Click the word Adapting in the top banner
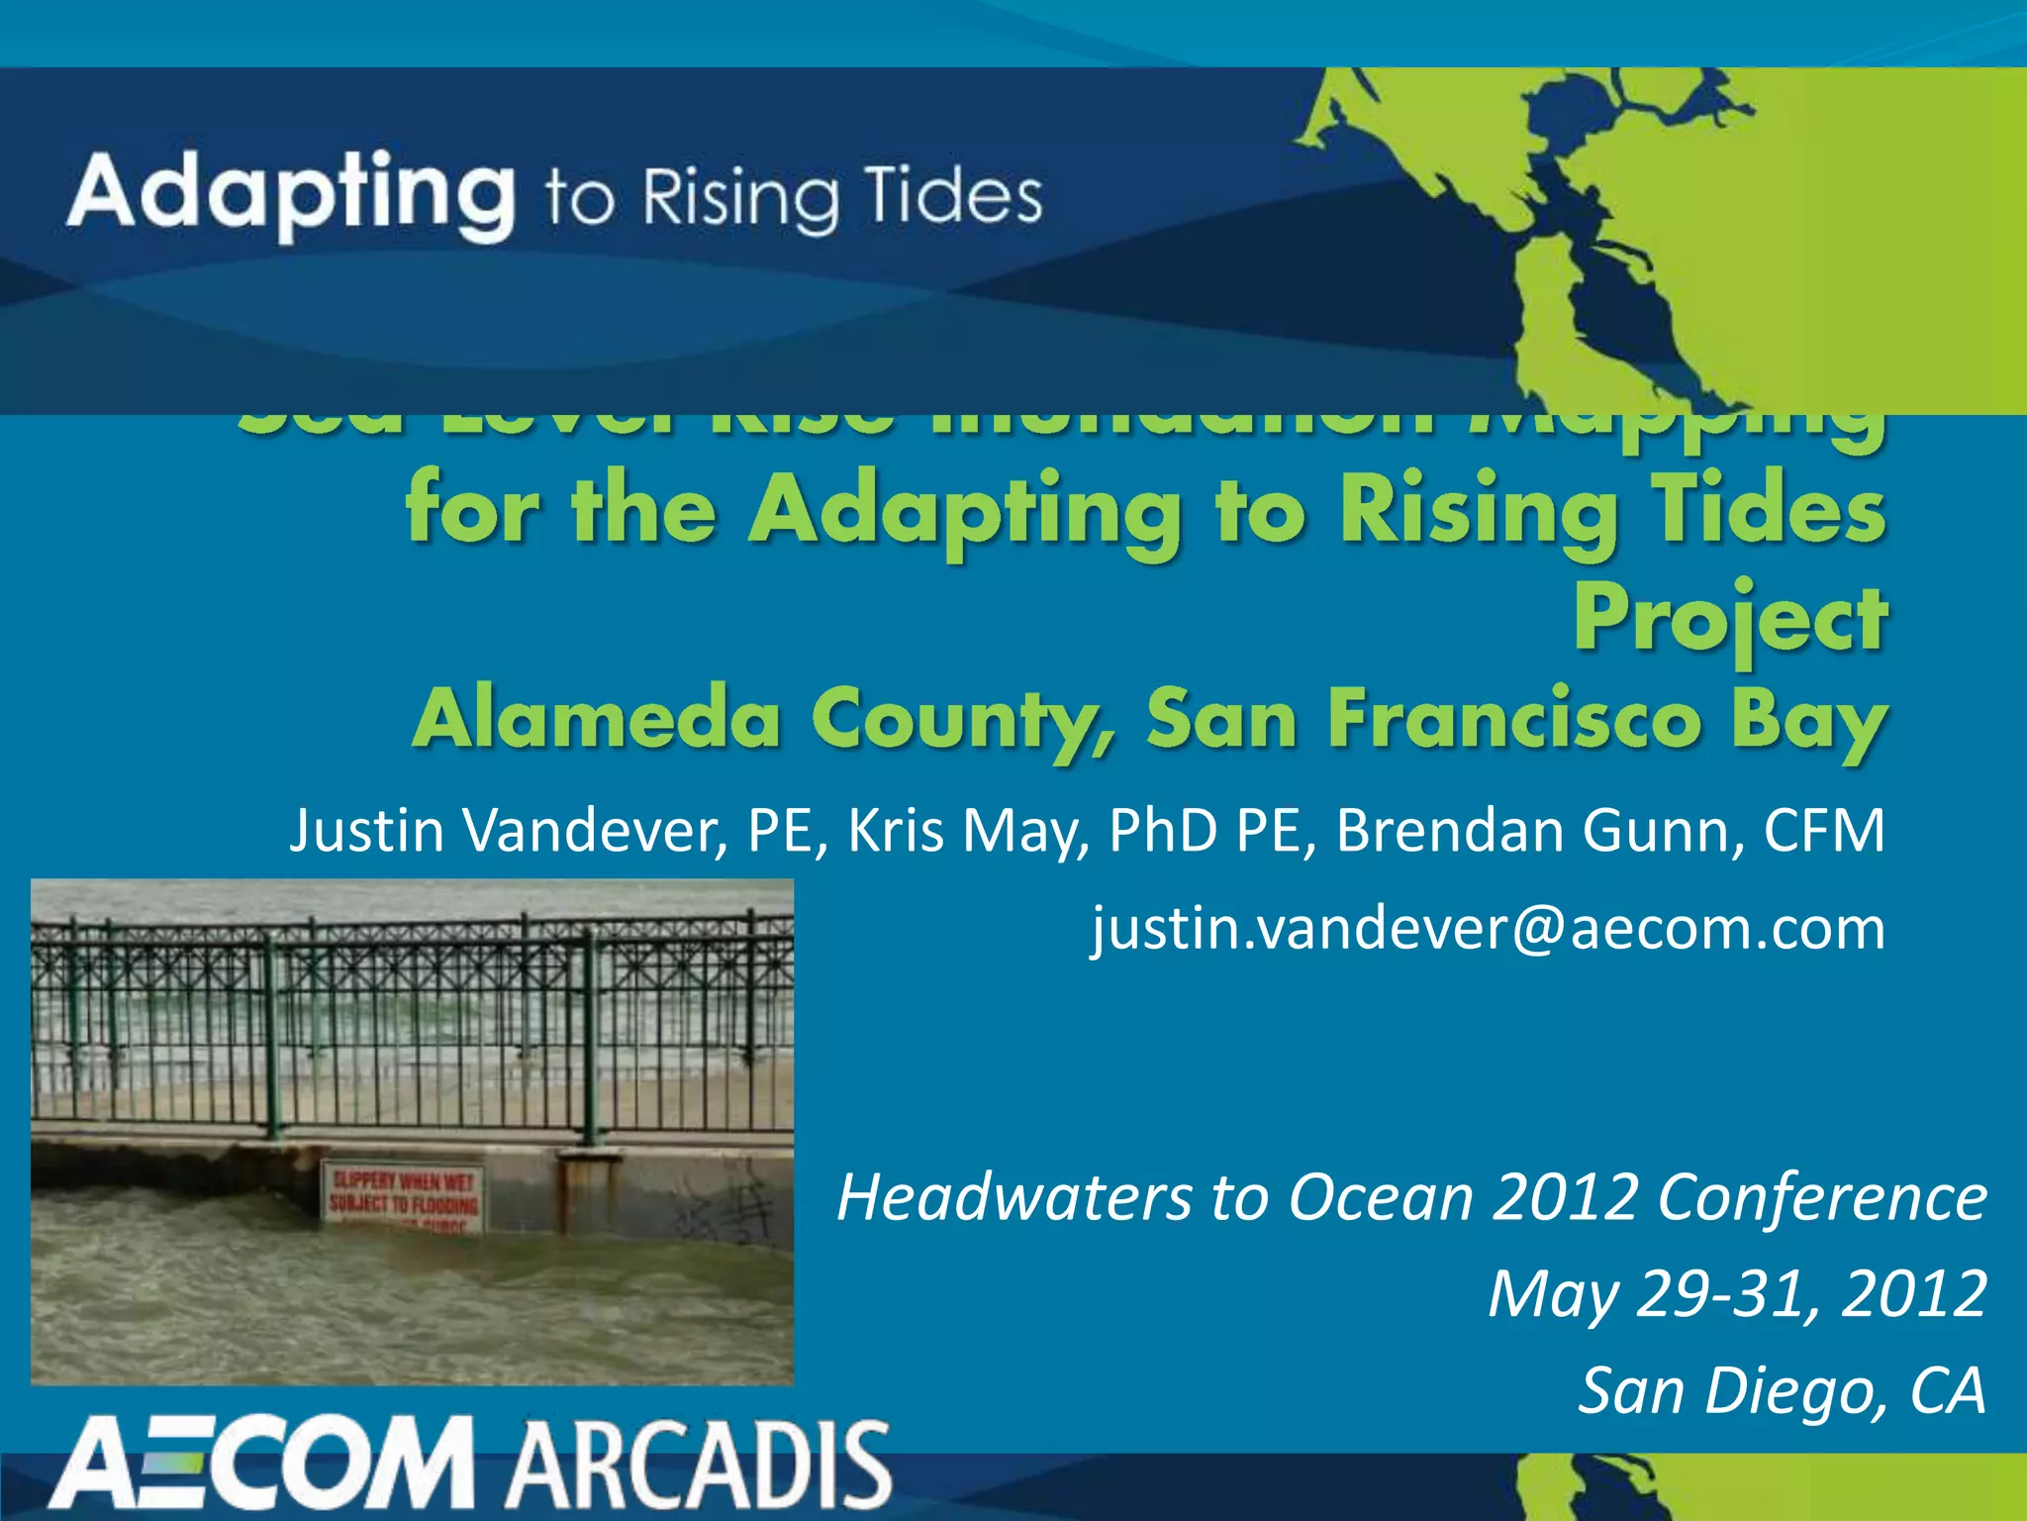coord(291,193)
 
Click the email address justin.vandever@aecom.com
coord(1489,929)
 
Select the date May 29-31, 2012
coord(1737,1293)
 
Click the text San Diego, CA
coord(1782,1390)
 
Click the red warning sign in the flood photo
coord(403,1197)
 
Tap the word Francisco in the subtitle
coord(1515,719)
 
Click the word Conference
coord(1822,1197)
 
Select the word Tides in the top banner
coord(952,196)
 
